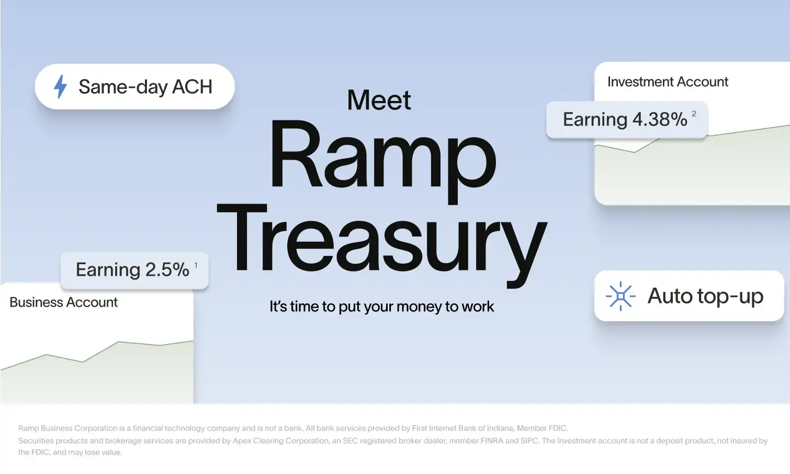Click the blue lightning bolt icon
[60, 86]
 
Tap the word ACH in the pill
[192, 87]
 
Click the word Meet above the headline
[379, 100]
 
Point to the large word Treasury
[382, 243]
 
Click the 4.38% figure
[660, 119]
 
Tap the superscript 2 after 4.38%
[694, 114]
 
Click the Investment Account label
[668, 82]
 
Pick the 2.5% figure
[167, 270]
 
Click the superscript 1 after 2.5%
[196, 265]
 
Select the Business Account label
[63, 302]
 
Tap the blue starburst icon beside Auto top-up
[620, 296]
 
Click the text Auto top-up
[705, 296]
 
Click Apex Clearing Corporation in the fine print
[281, 441]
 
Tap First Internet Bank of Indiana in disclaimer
[462, 428]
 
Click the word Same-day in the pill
[123, 87]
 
